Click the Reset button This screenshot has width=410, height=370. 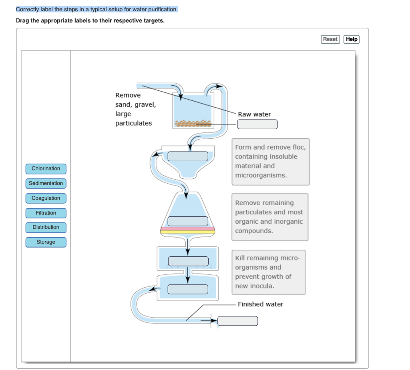pos(330,39)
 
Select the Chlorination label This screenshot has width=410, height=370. pos(46,168)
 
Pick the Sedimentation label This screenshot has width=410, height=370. pos(46,184)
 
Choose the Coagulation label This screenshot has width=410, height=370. pos(46,198)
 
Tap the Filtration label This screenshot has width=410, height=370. pos(46,213)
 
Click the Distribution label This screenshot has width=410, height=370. pos(46,227)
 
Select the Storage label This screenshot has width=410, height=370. pos(46,242)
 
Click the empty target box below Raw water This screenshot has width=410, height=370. pos(257,124)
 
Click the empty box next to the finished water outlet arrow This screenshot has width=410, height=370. pos(238,321)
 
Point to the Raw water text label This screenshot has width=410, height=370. pos(254,114)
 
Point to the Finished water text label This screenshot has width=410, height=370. pos(261,304)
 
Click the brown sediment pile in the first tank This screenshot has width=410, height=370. pos(193,123)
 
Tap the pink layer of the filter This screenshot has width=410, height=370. pos(187,229)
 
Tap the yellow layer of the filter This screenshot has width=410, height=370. pos(187,232)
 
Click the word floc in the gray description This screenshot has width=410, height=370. pos(299,147)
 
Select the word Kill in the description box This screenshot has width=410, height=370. pos(240,258)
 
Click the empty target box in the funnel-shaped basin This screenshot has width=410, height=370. pos(188,156)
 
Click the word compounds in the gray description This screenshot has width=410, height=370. pos(254,231)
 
